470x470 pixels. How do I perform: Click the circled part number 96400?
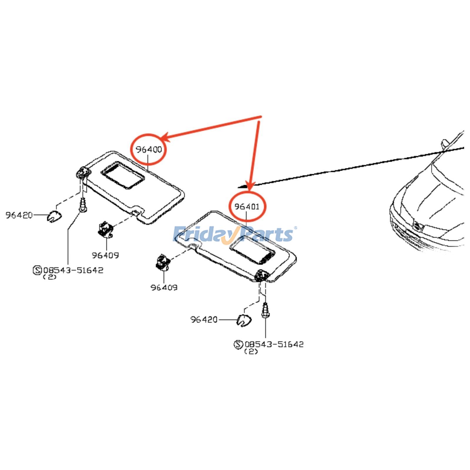click(149, 150)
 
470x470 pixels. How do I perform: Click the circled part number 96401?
click(247, 207)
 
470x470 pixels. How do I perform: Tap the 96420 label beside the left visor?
click(19, 215)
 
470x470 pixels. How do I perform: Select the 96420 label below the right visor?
click(204, 319)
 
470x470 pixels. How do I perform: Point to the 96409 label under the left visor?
click(105, 255)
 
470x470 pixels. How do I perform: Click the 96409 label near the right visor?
click(164, 287)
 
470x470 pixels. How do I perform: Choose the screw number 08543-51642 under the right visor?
click(274, 344)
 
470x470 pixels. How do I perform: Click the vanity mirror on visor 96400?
click(122, 175)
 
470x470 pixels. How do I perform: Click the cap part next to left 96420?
click(55, 217)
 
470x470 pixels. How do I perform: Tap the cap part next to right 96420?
click(244, 320)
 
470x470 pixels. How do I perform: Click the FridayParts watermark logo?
click(234, 234)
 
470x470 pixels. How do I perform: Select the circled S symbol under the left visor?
click(37, 270)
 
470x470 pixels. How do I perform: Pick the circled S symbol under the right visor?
click(238, 344)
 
